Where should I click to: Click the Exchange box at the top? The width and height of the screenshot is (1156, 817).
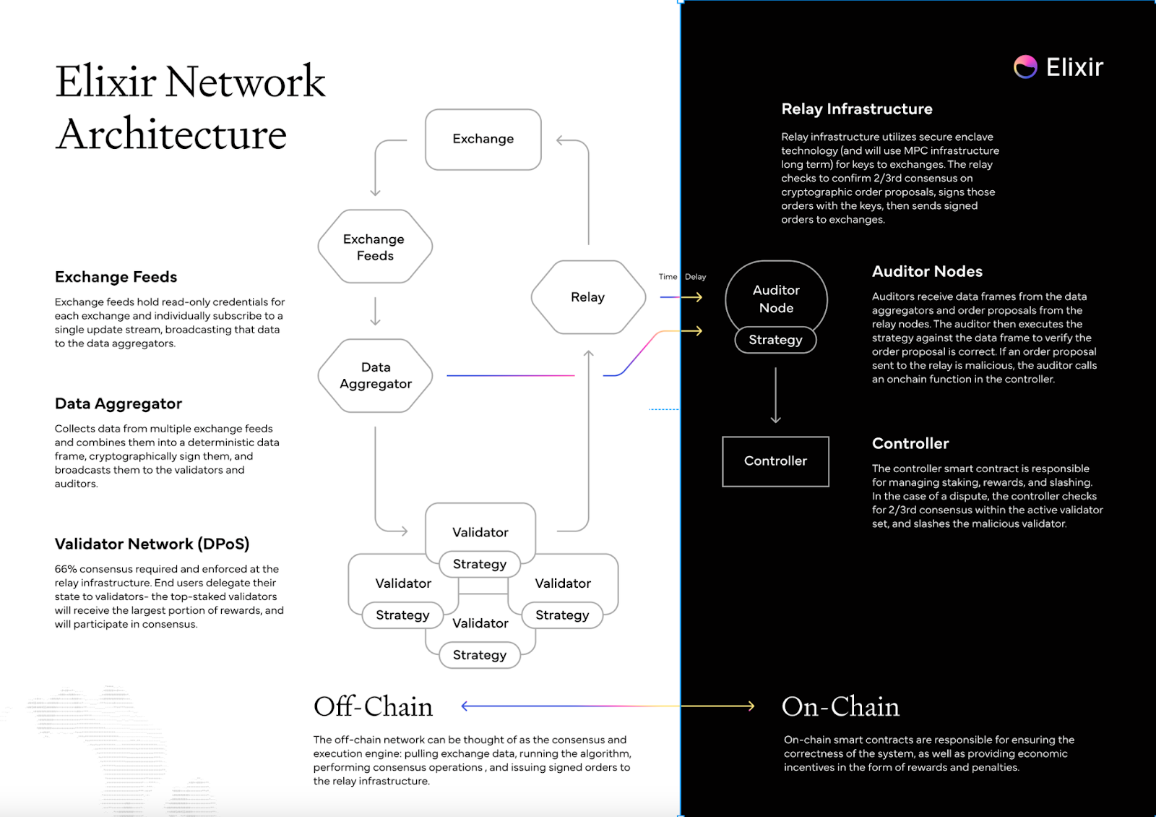pyautogui.click(x=483, y=139)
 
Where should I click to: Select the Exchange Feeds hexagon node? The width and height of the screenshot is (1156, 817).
pyautogui.click(x=374, y=247)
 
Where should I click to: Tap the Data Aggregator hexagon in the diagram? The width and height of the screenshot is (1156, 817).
pyautogui.click(x=375, y=375)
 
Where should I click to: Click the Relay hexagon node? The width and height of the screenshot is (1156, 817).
pyautogui.click(x=587, y=297)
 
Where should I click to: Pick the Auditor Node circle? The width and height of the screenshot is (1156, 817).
pyautogui.click(x=776, y=296)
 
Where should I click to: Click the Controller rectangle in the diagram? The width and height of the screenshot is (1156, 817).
pyautogui.click(x=775, y=461)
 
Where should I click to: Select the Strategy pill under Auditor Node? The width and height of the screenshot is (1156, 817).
pyautogui.click(x=775, y=340)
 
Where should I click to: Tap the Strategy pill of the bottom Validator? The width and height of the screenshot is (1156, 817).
pyautogui.click(x=480, y=655)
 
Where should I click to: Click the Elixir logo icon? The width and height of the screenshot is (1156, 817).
pyautogui.click(x=1025, y=67)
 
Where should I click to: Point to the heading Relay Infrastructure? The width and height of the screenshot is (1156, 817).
pyautogui.click(x=856, y=109)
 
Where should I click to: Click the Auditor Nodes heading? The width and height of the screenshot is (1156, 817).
pyautogui.click(x=927, y=272)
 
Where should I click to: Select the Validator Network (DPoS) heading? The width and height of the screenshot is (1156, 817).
pyautogui.click(x=152, y=544)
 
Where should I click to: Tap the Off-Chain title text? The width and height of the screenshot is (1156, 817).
pyautogui.click(x=373, y=706)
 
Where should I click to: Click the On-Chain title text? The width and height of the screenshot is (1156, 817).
pyautogui.click(x=840, y=706)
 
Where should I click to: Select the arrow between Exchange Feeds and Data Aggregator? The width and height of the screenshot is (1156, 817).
pyautogui.click(x=375, y=311)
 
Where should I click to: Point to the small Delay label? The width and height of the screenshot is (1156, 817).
pyautogui.click(x=695, y=277)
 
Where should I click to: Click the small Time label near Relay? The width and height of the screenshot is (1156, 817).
pyautogui.click(x=668, y=277)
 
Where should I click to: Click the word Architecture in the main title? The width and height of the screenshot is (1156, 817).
pyautogui.click(x=171, y=134)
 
